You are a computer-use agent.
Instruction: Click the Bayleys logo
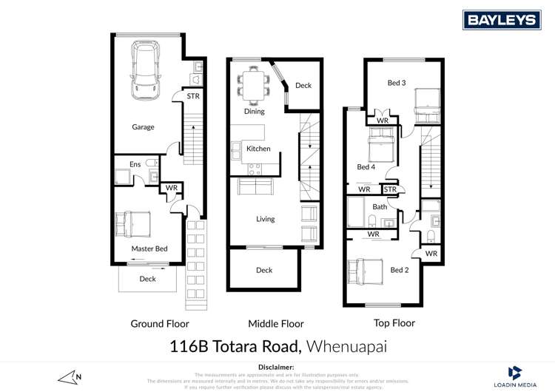click(x=501, y=19)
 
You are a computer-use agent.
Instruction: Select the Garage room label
click(x=143, y=127)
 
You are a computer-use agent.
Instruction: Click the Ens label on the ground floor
click(x=135, y=163)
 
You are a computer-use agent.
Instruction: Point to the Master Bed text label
click(x=149, y=249)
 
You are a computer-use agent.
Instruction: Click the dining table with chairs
click(x=252, y=83)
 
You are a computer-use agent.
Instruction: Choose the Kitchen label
click(x=258, y=149)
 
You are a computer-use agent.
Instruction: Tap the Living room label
click(x=265, y=219)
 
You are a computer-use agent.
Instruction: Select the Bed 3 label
click(x=397, y=83)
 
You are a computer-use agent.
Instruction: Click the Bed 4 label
click(x=366, y=167)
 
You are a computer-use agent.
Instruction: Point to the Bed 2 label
click(x=400, y=270)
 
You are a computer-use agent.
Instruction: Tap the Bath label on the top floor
click(x=380, y=207)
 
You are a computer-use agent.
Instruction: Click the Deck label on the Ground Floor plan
click(x=147, y=279)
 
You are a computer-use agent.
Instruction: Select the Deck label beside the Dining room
click(x=303, y=86)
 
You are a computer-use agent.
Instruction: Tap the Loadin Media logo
click(x=515, y=376)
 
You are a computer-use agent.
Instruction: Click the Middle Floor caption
click(x=275, y=323)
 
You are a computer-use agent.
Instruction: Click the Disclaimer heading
click(x=277, y=367)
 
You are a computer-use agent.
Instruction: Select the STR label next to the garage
click(x=192, y=96)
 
